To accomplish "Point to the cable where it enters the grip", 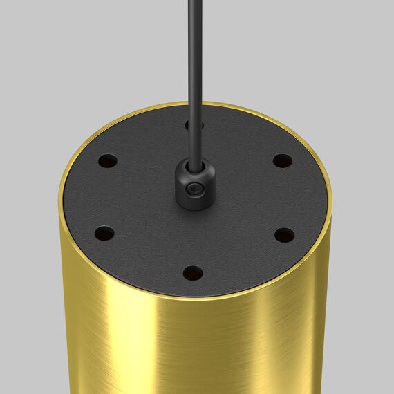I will coord(195,163).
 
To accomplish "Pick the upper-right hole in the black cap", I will coord(281,161).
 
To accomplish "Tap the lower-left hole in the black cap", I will coord(104,234).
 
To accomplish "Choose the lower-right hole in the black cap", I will coord(284,235).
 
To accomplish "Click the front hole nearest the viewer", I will coord(194,273).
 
